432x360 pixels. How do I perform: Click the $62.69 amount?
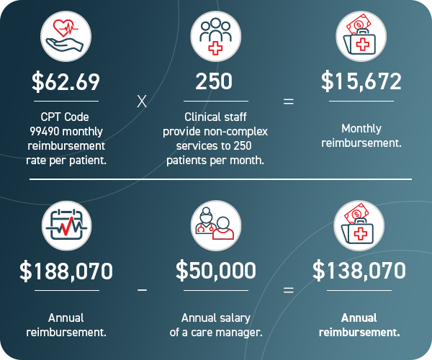coord(66,82)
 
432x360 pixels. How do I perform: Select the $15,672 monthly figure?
coord(361,82)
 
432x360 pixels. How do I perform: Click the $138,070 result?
coord(360,271)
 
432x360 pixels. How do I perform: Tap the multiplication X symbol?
coord(142,102)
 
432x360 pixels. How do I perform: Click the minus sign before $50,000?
coord(142,290)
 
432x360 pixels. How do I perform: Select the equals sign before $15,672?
coord(289,102)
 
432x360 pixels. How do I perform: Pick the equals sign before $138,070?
coord(289,291)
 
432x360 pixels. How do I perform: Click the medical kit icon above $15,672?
coord(361,36)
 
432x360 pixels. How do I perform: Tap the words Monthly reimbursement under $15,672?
coord(361,136)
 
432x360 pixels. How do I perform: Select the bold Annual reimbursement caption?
coord(361,325)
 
